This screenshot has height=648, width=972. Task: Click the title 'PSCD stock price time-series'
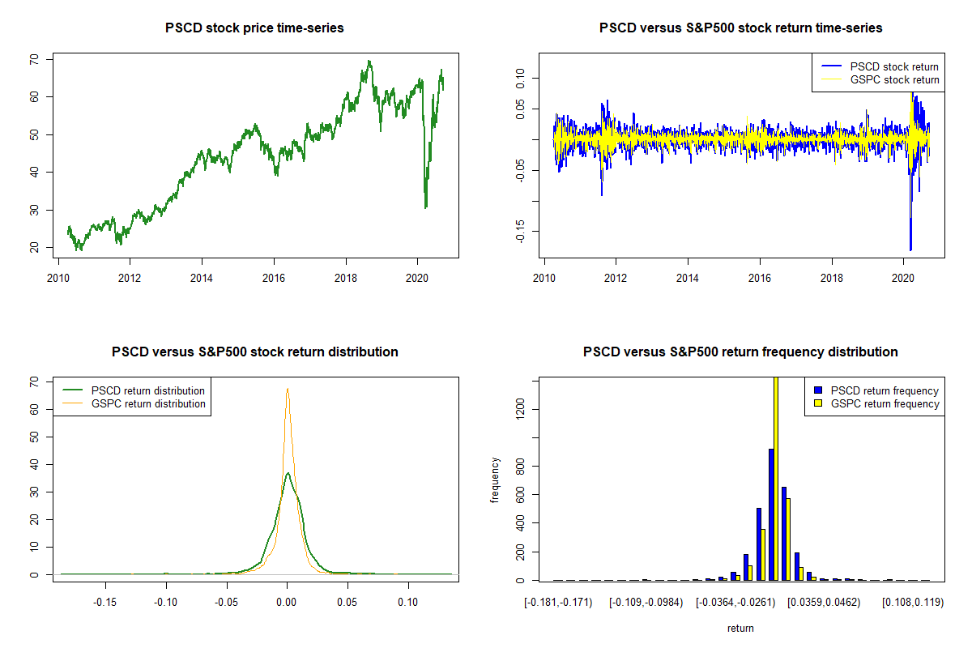(x=254, y=28)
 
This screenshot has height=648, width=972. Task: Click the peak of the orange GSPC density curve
(x=287, y=389)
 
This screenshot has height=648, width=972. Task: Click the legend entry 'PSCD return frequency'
(x=884, y=390)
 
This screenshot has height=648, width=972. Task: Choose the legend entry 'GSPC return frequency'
(x=884, y=403)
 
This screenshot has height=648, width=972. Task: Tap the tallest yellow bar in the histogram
(x=775, y=478)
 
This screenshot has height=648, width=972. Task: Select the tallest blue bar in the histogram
(x=771, y=514)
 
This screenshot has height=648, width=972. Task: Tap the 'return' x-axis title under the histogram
(x=740, y=628)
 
